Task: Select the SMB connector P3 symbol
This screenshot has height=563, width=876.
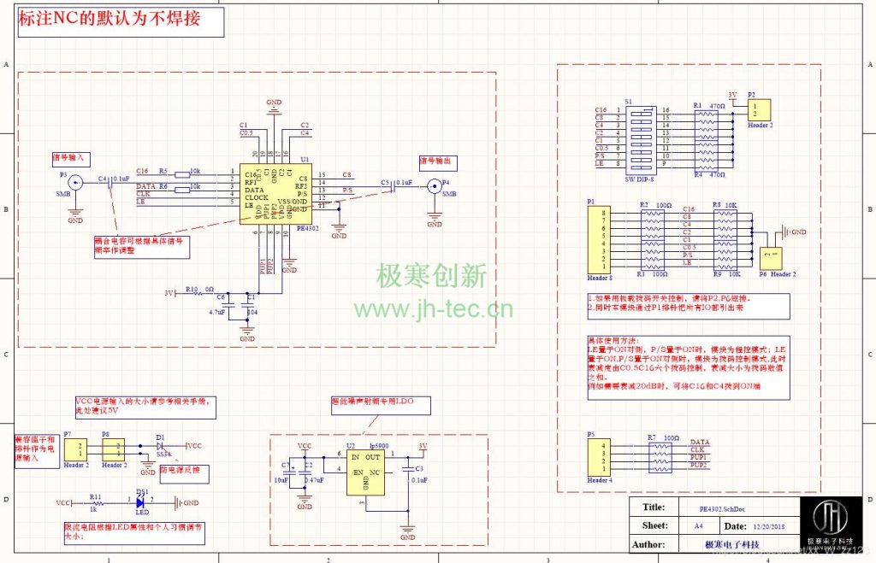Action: click(75, 182)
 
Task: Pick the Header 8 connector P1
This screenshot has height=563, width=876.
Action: click(598, 240)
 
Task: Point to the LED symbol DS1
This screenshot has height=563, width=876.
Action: click(141, 502)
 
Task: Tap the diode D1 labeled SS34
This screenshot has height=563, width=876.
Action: click(161, 446)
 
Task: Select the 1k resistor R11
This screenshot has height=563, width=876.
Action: click(95, 503)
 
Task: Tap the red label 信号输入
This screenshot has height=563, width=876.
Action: click(70, 158)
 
